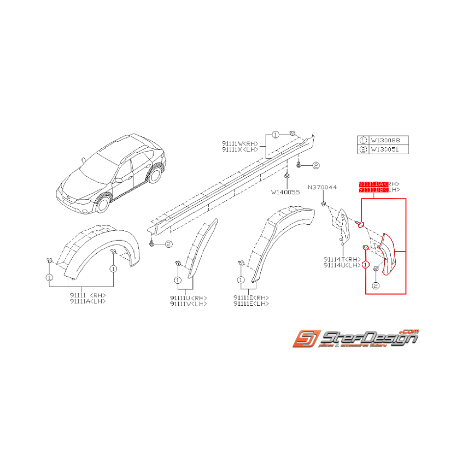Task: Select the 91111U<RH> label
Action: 188,298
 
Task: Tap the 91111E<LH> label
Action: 251,304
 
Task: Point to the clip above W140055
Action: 286,174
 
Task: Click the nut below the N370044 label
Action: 324,203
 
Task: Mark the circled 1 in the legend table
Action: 363,140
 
